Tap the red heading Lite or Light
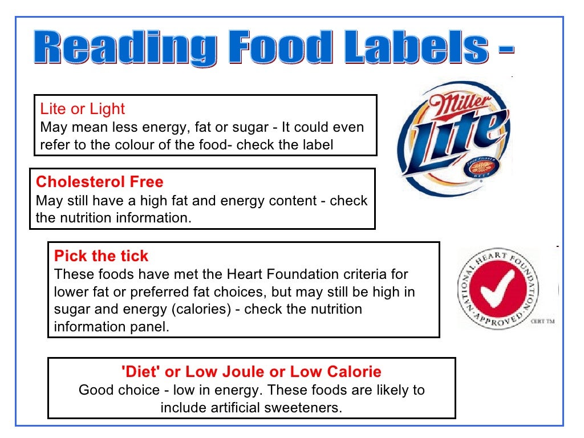82,109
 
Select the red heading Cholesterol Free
100,182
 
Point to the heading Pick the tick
101,256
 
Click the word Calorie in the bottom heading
354,372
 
